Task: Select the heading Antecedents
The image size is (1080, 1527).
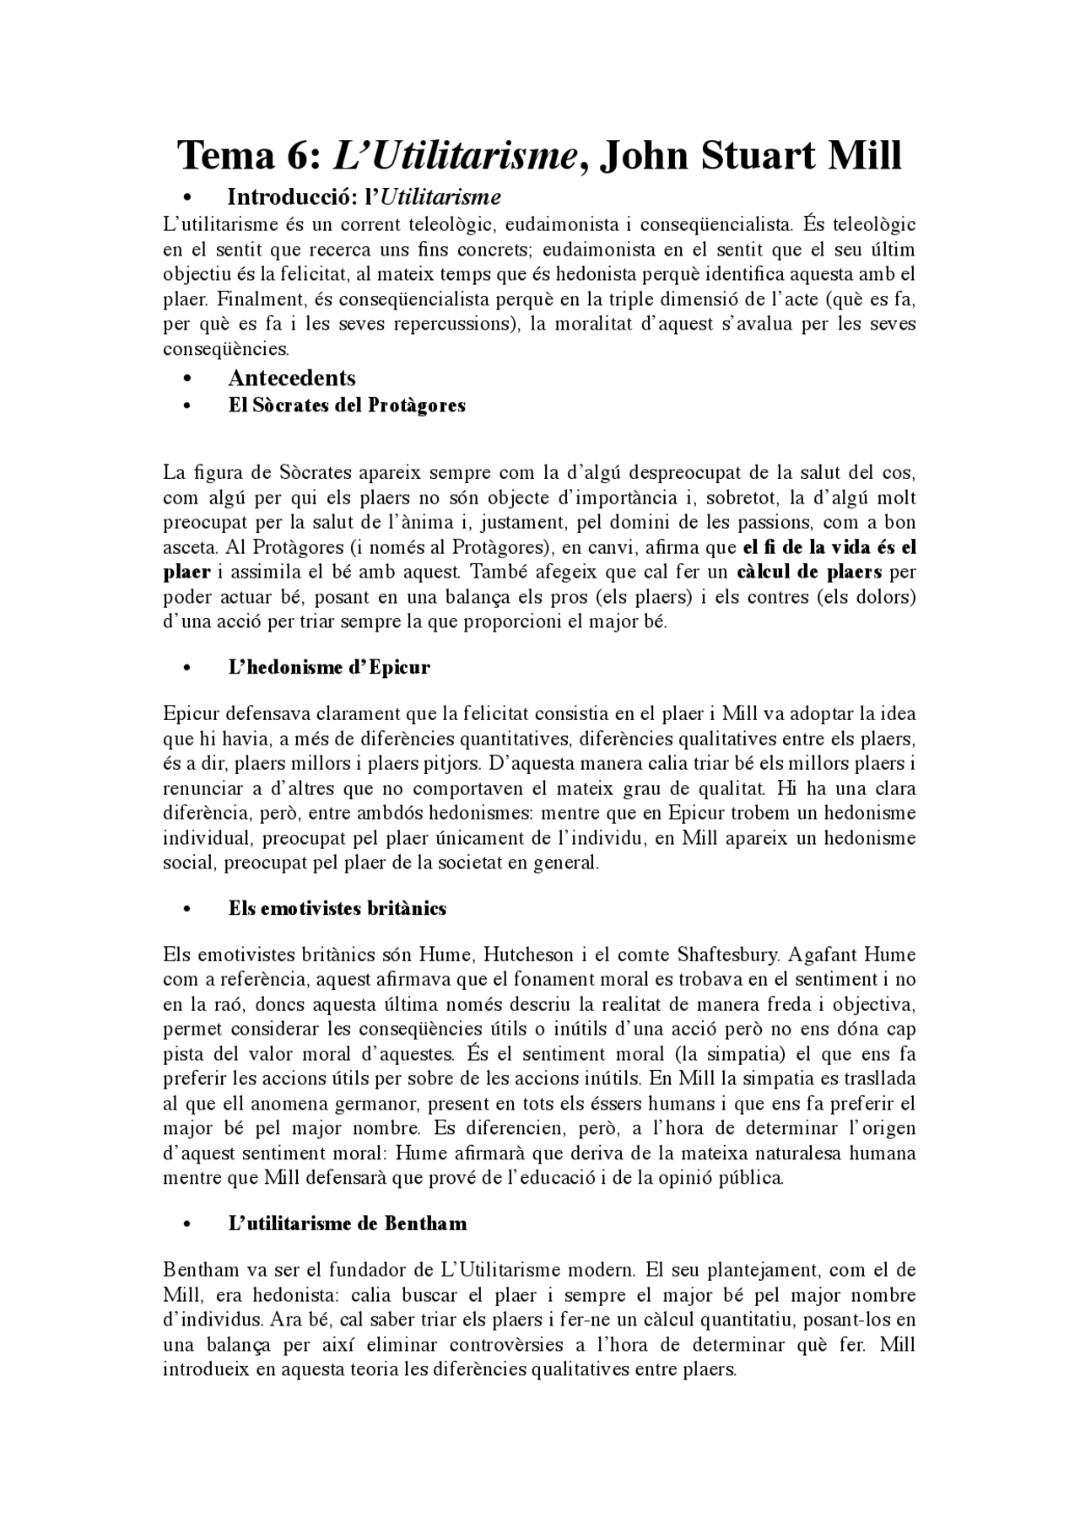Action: [292, 378]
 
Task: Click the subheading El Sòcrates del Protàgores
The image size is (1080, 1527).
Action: [347, 406]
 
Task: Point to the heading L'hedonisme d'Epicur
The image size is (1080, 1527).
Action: [329, 667]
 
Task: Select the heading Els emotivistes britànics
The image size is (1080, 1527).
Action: [337, 908]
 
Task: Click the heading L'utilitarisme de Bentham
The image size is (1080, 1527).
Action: [347, 1223]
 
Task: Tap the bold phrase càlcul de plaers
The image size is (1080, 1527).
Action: [809, 572]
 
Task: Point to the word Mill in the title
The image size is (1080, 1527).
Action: [867, 156]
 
